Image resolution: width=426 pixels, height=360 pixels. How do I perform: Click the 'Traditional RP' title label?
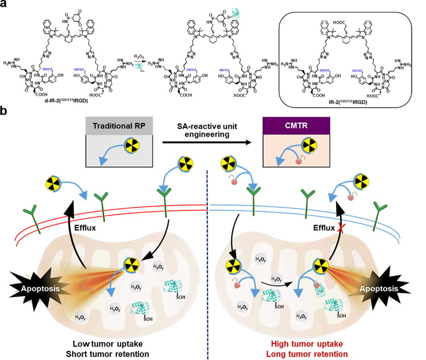[119, 126]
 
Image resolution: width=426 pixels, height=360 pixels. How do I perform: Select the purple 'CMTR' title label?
[296, 125]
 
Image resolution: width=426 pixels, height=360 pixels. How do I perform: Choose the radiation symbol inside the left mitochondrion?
[131, 264]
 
